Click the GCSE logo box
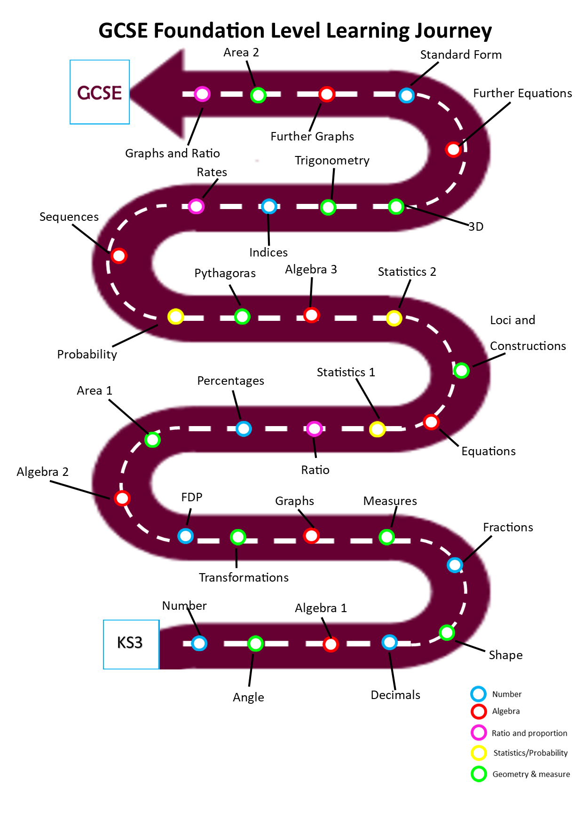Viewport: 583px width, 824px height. pyautogui.click(x=100, y=92)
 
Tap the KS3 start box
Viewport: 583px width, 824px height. pyautogui.click(x=131, y=644)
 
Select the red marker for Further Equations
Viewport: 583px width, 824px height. pyautogui.click(x=453, y=149)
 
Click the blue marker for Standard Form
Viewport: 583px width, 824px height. pyautogui.click(x=406, y=95)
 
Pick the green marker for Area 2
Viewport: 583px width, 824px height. pyautogui.click(x=258, y=95)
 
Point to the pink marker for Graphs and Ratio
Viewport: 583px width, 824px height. pyautogui.click(x=202, y=94)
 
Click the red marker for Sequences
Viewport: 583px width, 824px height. pyautogui.click(x=119, y=256)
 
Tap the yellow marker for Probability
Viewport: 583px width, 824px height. pyautogui.click(x=176, y=317)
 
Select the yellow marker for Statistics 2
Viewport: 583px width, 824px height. pyautogui.click(x=394, y=318)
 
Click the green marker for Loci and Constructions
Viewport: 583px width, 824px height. pyautogui.click(x=461, y=370)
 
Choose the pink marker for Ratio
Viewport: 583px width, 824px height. pyautogui.click(x=314, y=428)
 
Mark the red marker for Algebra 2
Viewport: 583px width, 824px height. pyautogui.click(x=122, y=498)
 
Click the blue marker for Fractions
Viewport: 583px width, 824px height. pyautogui.click(x=455, y=565)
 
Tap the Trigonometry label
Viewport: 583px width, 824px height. pyautogui.click(x=332, y=161)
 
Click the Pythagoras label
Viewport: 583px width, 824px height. pyautogui.click(x=225, y=273)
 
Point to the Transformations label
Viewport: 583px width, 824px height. pyautogui.click(x=244, y=577)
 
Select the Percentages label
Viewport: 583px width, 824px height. pyautogui.click(x=230, y=381)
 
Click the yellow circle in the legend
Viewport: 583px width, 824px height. pyautogui.click(x=479, y=753)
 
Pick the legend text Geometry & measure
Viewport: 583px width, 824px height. pyautogui.click(x=531, y=774)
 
